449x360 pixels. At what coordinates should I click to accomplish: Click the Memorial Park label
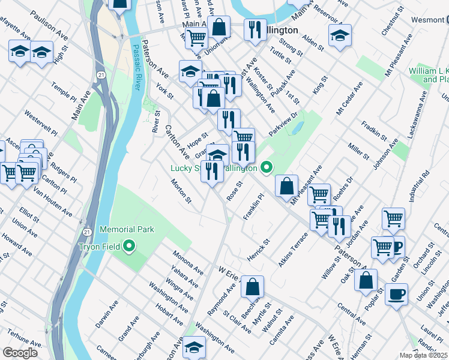127,229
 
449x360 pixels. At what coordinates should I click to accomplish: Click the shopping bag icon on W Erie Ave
253,287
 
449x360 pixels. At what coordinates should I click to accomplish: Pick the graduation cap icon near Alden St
340,37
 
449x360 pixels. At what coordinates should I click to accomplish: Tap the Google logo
20,353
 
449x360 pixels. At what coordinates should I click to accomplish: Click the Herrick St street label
259,249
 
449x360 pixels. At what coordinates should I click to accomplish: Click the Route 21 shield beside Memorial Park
87,232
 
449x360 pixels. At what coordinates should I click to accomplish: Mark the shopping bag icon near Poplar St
366,281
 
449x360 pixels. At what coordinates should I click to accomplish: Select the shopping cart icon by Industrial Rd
393,218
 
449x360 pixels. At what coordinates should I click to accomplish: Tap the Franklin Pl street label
253,206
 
